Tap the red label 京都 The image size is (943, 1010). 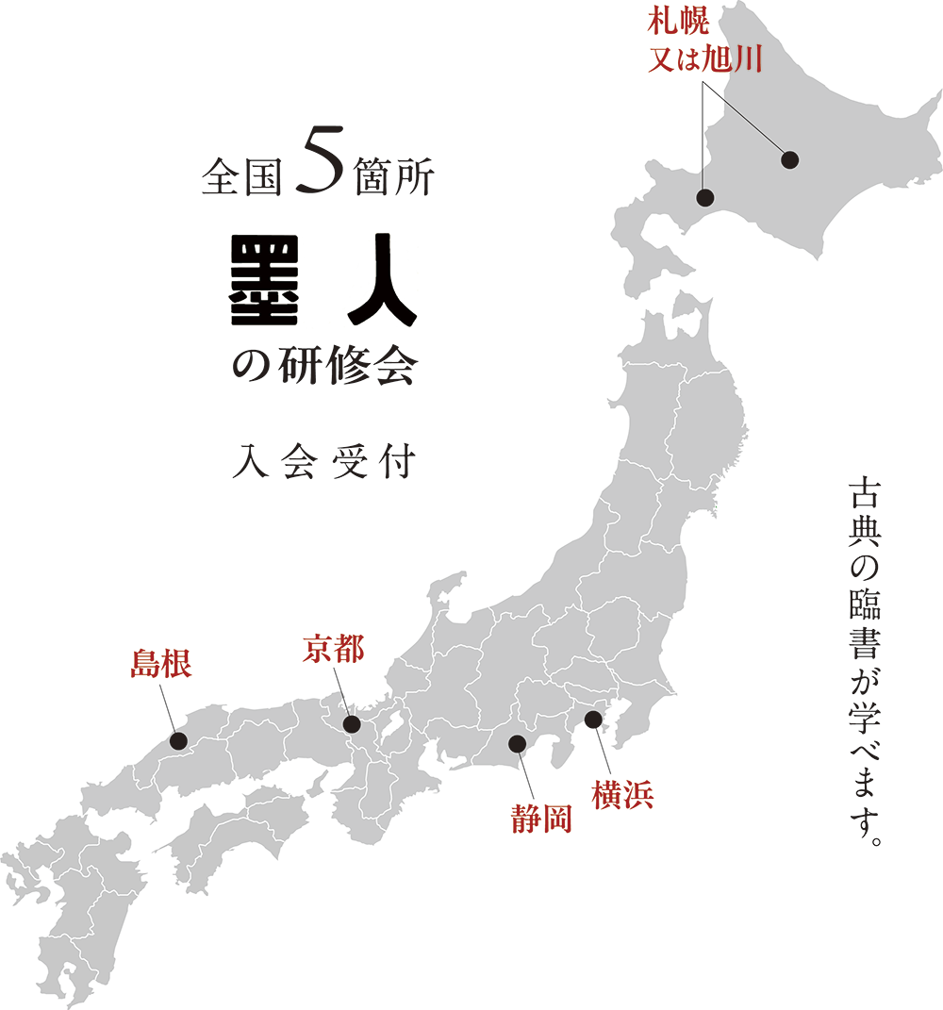pos(333,650)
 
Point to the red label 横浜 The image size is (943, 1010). pos(622,796)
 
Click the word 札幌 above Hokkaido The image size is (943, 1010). pos(698,19)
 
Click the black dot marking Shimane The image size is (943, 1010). pos(176,741)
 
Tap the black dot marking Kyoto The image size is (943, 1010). pos(352,724)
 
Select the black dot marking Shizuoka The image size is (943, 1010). pos(517,743)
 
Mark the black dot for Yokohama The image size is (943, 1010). pos(593,720)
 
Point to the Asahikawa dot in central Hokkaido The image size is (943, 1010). pos(790,160)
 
